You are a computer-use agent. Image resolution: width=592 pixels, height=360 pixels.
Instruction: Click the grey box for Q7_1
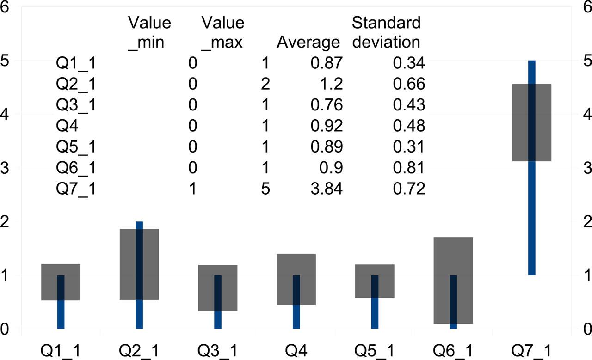pos(531,122)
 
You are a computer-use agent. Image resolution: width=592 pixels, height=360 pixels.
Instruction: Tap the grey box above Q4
pos(296,279)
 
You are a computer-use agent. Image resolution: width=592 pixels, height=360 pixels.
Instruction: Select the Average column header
pos(308,42)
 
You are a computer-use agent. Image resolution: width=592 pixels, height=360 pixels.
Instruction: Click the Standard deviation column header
pos(386,32)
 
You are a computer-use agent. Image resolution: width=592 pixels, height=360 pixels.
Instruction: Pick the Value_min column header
pos(149,32)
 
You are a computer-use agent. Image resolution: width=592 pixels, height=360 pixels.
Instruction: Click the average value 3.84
pos(327,189)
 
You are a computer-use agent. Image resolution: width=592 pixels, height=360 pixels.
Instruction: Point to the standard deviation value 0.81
pos(408,167)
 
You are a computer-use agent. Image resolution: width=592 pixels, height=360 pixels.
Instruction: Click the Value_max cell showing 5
pos(265,189)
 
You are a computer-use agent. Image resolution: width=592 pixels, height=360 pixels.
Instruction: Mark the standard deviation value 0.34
pos(408,62)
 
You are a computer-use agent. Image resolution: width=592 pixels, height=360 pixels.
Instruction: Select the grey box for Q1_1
pos(61,282)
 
